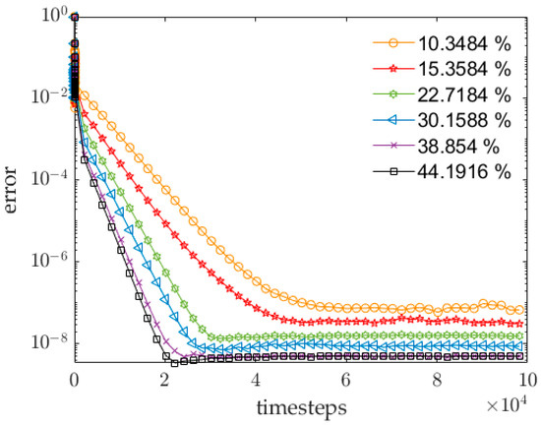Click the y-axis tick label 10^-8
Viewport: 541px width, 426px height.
tap(49, 343)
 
